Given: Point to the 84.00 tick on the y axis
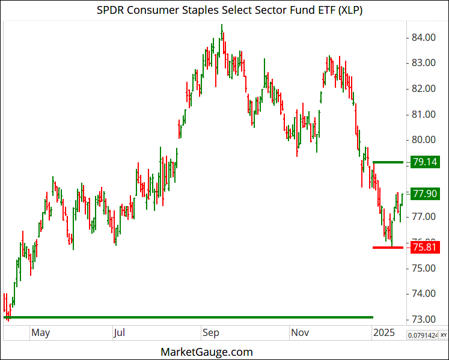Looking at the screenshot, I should click(423, 37).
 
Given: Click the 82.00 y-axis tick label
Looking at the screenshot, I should click(423, 88).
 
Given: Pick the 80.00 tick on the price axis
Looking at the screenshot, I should click(423, 139).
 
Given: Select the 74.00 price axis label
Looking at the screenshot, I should click(423, 293).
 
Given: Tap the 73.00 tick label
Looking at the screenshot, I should click(423, 319).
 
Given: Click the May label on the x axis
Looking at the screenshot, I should click(41, 332).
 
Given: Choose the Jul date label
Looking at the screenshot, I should click(120, 332).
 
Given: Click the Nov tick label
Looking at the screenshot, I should click(300, 332).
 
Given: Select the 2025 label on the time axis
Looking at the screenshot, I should click(383, 332).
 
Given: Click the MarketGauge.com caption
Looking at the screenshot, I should click(207, 352).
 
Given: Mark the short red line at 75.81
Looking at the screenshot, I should click(388, 247).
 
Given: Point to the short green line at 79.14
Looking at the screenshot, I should click(388, 162).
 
